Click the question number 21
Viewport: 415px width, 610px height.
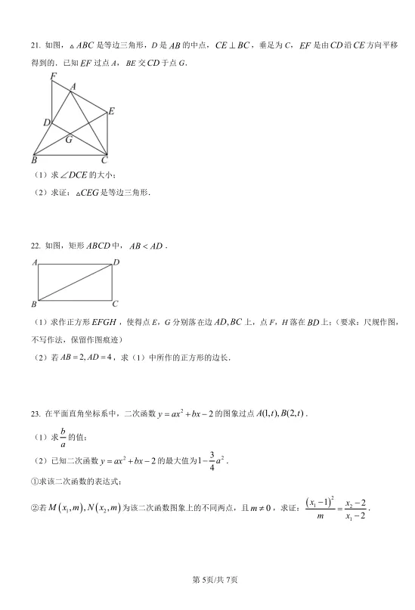pos(35,45)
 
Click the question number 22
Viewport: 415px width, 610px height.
pos(35,246)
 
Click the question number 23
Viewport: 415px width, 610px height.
pos(35,414)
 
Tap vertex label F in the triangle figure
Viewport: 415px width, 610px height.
pos(52,76)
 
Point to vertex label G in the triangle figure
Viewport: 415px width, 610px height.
pos(69,139)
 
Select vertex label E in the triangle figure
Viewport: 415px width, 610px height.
pos(111,111)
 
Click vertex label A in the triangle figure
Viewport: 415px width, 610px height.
pos(73,87)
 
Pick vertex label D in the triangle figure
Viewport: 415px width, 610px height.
pos(46,122)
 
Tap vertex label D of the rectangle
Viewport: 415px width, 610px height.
pos(116,263)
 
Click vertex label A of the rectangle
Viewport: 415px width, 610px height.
pos(35,263)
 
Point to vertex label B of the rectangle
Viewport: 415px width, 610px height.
pos(34,305)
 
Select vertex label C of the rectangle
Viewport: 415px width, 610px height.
pos(115,305)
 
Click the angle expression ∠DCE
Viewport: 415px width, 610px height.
pos(73,175)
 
